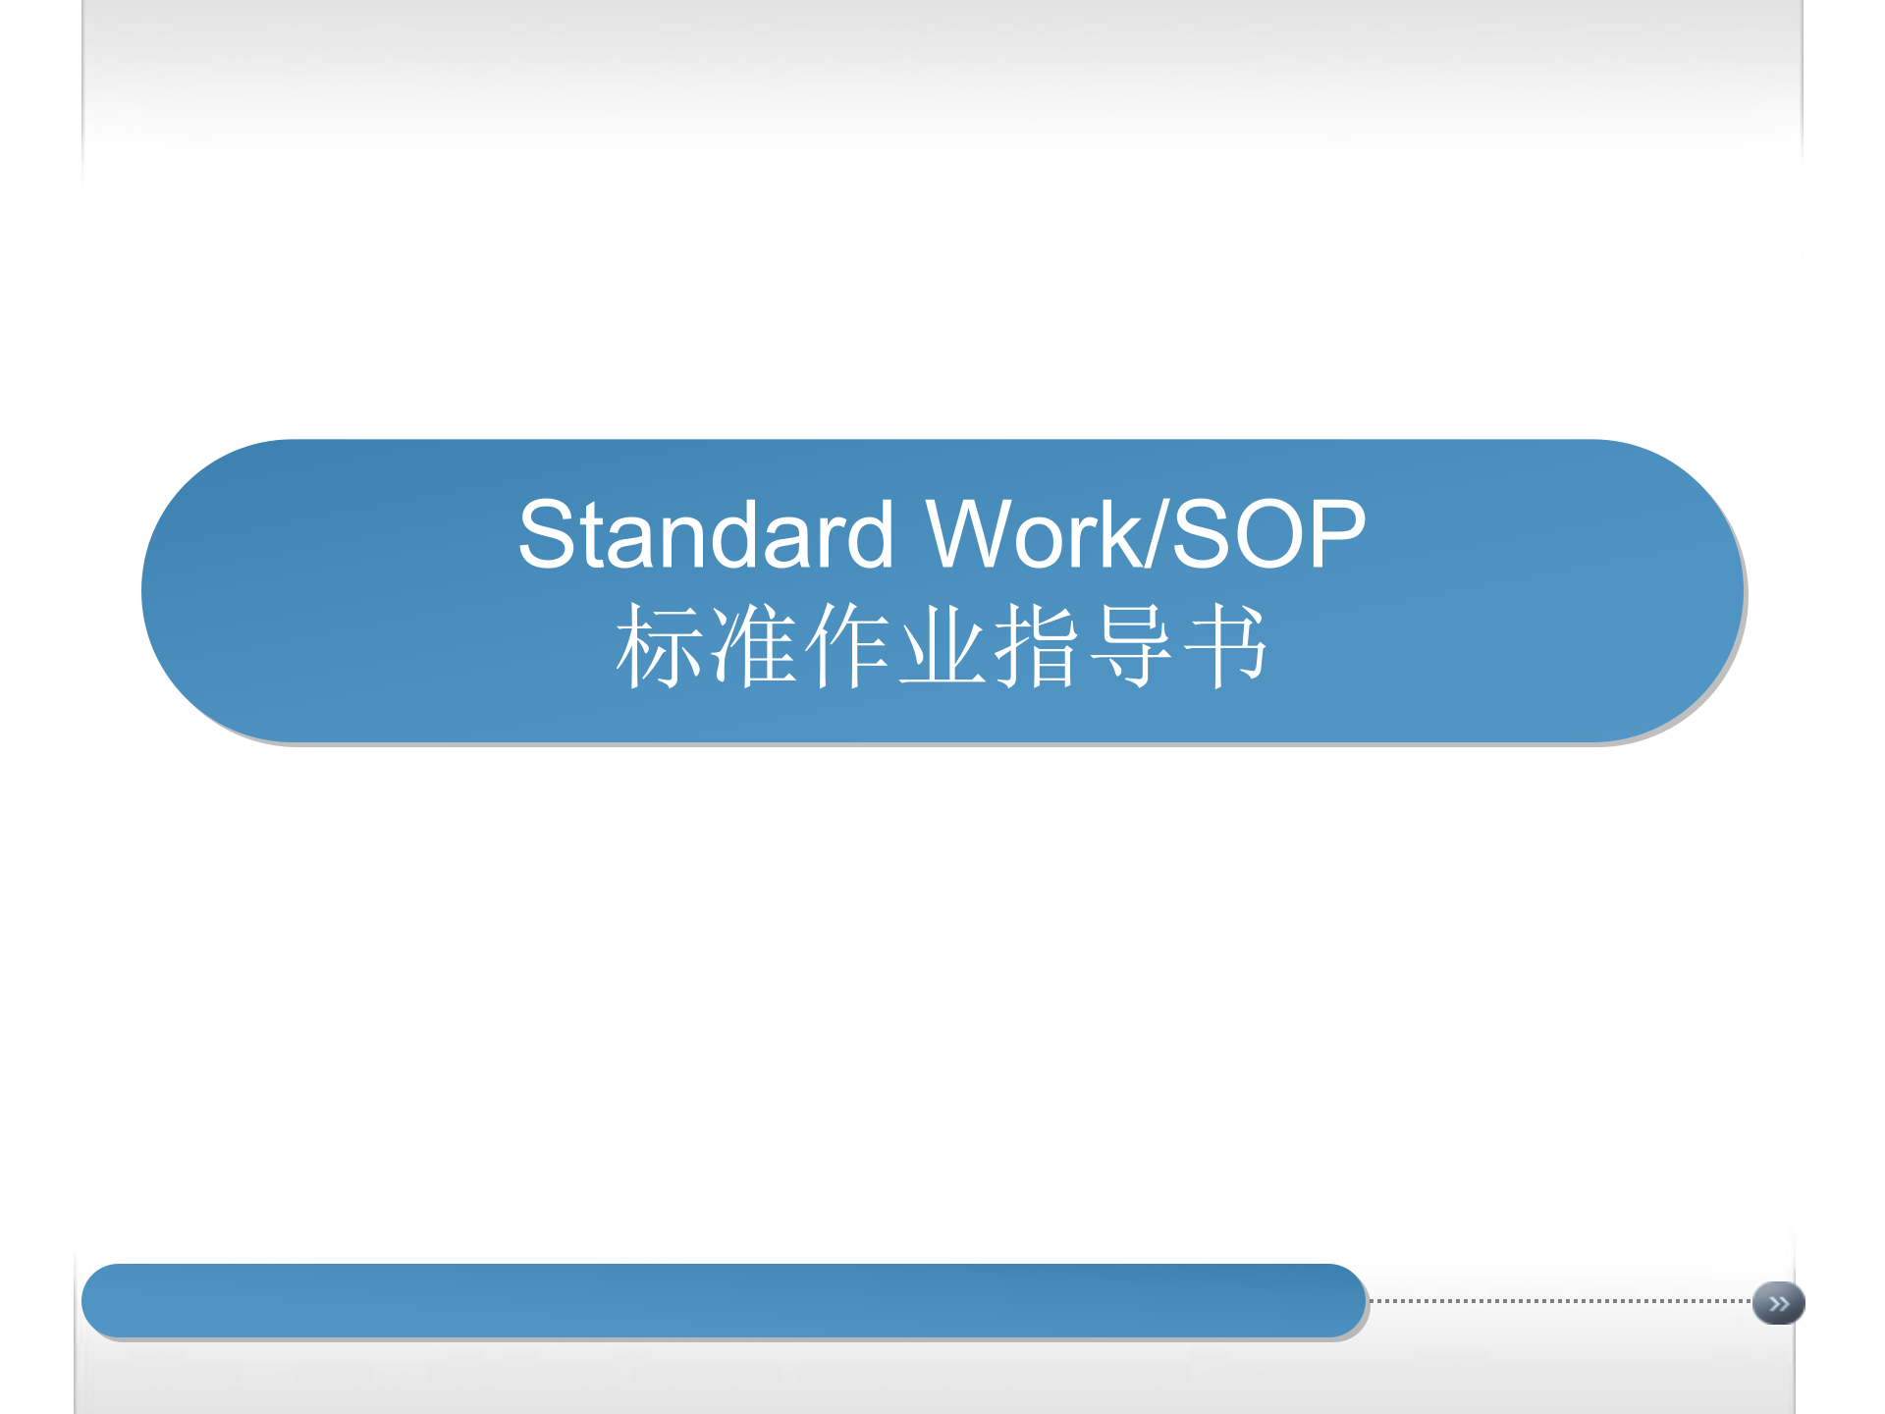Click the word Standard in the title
(x=705, y=534)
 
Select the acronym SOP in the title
(x=1268, y=534)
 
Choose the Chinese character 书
(x=1225, y=646)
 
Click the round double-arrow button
(x=1778, y=1303)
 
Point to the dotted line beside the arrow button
(x=1561, y=1301)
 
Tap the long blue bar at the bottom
(x=724, y=1300)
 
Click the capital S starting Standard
(x=546, y=534)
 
